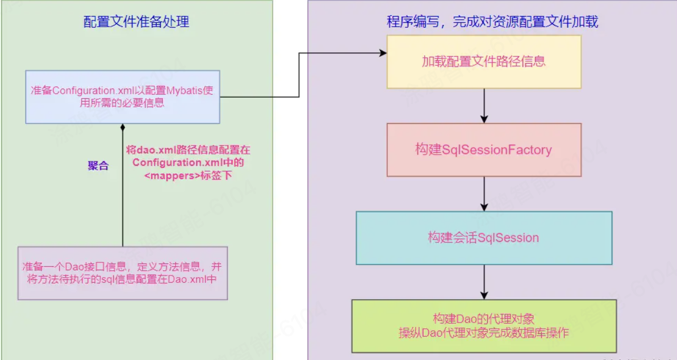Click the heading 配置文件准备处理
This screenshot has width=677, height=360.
point(136,22)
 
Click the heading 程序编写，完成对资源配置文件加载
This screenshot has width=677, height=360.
point(492,22)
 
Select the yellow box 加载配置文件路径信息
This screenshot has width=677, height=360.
point(484,61)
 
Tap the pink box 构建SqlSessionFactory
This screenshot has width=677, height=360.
point(484,150)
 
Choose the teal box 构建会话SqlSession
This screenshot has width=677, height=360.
point(484,237)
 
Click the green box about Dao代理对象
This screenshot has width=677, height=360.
point(484,326)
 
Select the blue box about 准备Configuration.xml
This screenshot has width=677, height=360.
point(123,97)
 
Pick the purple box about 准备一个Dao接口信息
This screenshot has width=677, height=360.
point(123,273)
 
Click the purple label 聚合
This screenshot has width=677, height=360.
point(98,165)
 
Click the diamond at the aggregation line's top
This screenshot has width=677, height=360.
point(123,128)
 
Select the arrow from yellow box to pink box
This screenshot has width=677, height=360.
point(484,106)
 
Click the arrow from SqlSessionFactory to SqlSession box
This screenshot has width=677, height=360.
point(484,194)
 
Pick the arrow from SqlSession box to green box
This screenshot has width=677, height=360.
point(484,282)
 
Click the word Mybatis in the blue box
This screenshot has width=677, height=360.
point(183,91)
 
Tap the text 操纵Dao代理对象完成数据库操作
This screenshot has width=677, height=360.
point(484,333)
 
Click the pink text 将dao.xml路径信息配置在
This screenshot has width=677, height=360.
point(188,150)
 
